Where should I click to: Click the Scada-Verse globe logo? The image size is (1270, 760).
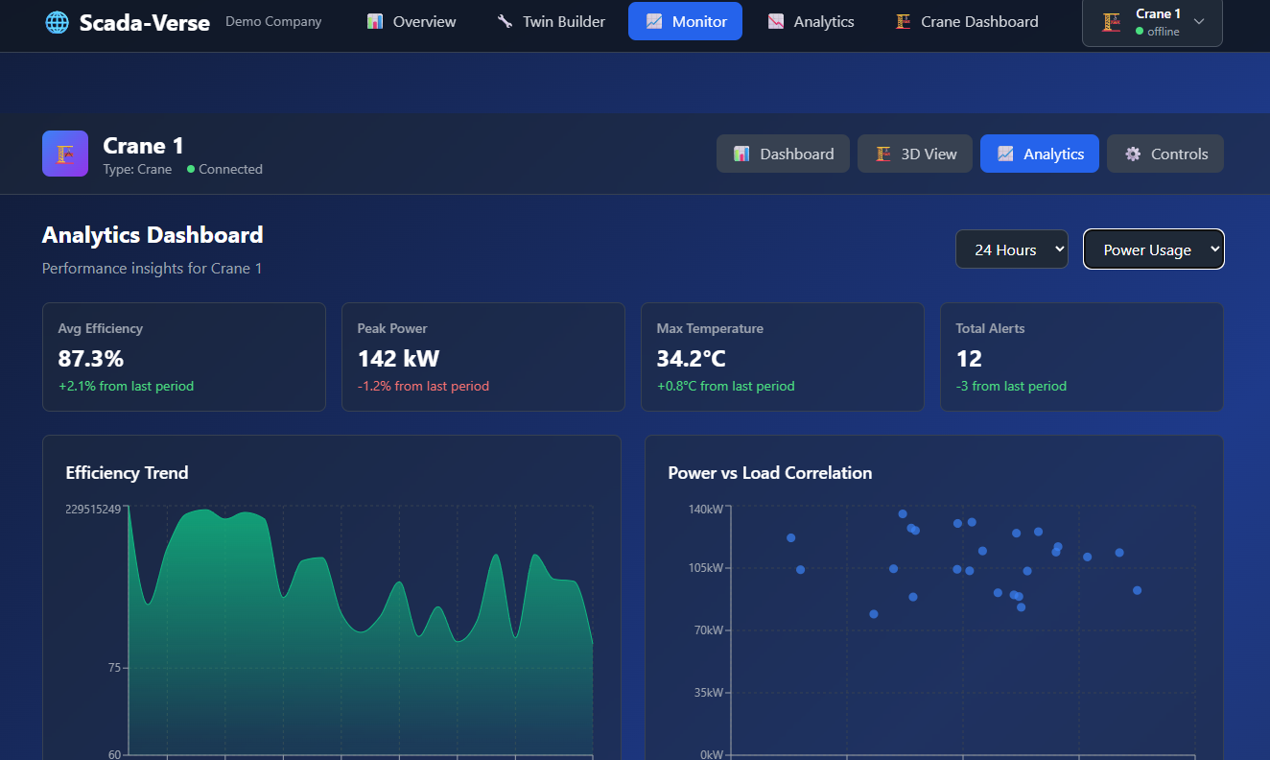[57, 22]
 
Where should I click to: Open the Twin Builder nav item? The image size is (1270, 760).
[552, 21]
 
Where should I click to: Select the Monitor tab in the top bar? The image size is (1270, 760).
[685, 21]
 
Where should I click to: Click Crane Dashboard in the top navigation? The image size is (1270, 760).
[967, 21]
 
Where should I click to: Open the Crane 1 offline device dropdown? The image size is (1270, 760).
[1152, 22]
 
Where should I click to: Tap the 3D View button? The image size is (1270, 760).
[915, 154]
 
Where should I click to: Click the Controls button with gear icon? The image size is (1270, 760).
[1165, 154]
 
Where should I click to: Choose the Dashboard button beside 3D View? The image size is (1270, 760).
[783, 154]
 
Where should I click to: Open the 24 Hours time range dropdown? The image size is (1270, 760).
[1011, 249]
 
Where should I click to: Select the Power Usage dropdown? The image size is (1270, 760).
[1153, 249]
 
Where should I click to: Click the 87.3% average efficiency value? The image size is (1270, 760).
[91, 359]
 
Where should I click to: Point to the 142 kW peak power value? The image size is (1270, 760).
[398, 359]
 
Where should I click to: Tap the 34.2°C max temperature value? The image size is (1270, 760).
[691, 359]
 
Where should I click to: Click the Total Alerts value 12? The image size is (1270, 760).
[969, 359]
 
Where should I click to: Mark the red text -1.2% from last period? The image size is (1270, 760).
[423, 386]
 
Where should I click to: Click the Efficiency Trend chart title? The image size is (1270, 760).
[127, 472]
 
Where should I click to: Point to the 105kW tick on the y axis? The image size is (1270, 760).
[705, 568]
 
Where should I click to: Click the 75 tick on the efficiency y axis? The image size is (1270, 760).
[114, 668]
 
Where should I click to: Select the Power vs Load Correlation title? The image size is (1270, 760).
[769, 472]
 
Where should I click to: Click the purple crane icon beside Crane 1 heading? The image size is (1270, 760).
[65, 154]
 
